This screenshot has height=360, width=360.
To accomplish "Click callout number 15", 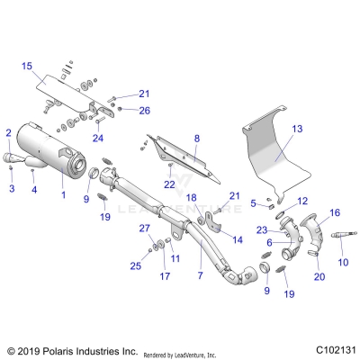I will (27, 67).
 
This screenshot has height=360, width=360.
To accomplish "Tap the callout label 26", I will (144, 111).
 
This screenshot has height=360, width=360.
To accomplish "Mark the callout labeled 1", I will (62, 194).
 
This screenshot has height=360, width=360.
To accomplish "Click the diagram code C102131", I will (330, 349).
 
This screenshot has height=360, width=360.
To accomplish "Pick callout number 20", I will (319, 277).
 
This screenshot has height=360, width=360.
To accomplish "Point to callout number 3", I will (12, 190).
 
